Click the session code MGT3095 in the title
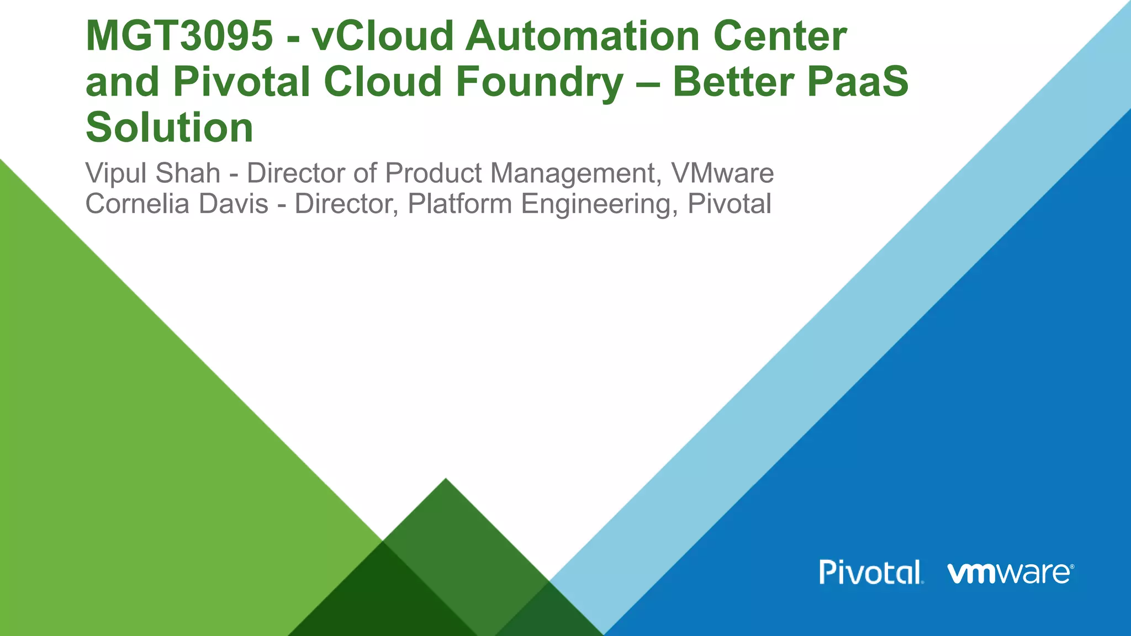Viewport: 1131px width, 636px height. (179, 36)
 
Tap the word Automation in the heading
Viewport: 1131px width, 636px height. (582, 36)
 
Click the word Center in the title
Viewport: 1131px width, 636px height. (779, 36)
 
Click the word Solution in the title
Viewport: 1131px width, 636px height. (170, 128)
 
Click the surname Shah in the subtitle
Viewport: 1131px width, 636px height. (188, 173)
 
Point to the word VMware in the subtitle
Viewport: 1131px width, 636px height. (722, 173)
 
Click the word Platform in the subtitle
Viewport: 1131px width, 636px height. (459, 204)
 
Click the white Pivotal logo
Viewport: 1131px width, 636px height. (871, 573)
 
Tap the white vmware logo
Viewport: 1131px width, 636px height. (1011, 573)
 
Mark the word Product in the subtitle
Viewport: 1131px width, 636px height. (434, 173)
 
